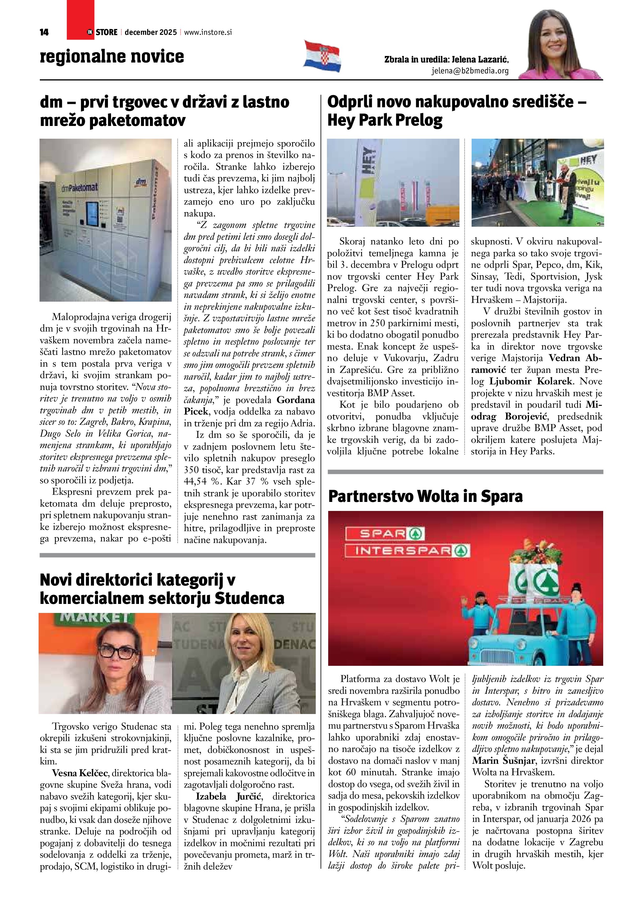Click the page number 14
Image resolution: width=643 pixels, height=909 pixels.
coord(44,32)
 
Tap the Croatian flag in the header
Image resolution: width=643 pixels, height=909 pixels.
coord(322,56)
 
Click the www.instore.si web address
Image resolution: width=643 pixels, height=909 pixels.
coord(207,32)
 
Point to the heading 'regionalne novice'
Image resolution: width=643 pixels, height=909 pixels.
coord(112,57)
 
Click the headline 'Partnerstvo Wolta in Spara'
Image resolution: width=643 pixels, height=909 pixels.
coord(425,496)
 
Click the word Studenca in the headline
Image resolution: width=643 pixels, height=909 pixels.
coord(249,598)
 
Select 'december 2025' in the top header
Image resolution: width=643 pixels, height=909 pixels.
coord(151,32)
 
